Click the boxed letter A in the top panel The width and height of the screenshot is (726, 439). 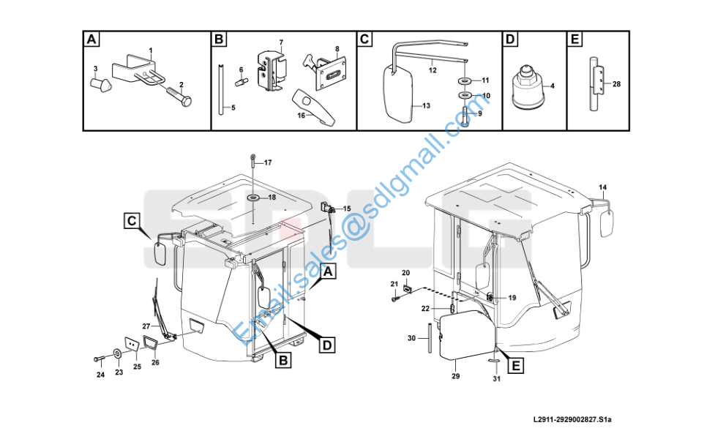click(x=91, y=39)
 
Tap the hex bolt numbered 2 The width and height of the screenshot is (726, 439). click(x=179, y=97)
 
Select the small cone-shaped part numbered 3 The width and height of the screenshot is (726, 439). click(x=100, y=85)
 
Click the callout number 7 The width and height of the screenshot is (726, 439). click(x=281, y=42)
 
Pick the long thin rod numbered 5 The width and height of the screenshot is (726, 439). click(x=221, y=89)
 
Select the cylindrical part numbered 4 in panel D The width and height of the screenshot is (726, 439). click(x=528, y=88)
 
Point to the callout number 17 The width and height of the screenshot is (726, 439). click(x=268, y=162)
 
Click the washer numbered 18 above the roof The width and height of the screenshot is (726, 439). click(x=254, y=198)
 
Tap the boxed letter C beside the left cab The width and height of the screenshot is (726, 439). click(x=132, y=220)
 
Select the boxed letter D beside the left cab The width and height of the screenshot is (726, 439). click(x=327, y=345)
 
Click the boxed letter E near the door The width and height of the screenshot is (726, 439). click(x=516, y=366)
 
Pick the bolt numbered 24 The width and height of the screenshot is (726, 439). click(x=100, y=359)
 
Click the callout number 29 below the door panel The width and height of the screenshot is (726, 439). click(x=456, y=376)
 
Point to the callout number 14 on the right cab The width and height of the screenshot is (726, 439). click(x=602, y=187)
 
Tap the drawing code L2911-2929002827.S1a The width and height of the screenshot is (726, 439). click(x=572, y=419)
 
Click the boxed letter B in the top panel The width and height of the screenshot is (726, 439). click(x=219, y=39)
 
